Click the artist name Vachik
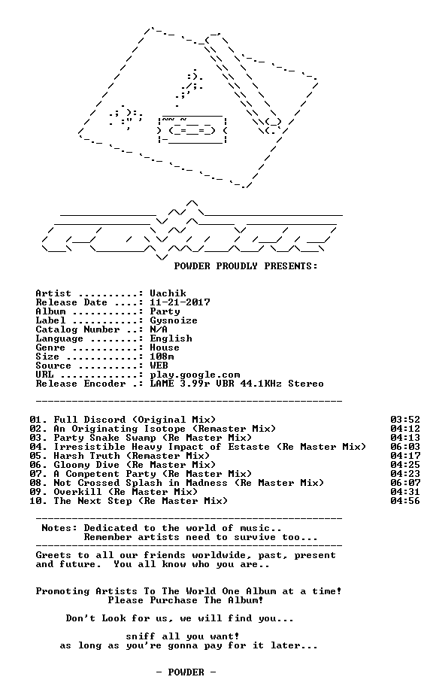pyautogui.click(x=168, y=293)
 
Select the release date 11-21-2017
pyautogui.click(x=180, y=302)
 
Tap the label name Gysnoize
pyautogui.click(x=174, y=321)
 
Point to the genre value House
pyautogui.click(x=165, y=347)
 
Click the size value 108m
pyautogui.click(x=162, y=357)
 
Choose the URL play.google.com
pyautogui.click(x=195, y=375)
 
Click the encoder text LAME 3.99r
pyautogui.click(x=180, y=384)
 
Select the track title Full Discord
pyautogui.click(x=89, y=420)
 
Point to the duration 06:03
pyautogui.click(x=405, y=447)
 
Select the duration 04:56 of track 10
pyautogui.click(x=405, y=501)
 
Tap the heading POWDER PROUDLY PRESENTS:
pyautogui.click(x=246, y=266)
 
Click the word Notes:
pyautogui.click(x=59, y=528)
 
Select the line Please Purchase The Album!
pyautogui.click(x=186, y=600)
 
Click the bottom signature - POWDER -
pyautogui.click(x=186, y=672)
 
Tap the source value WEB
pyautogui.click(x=159, y=366)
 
